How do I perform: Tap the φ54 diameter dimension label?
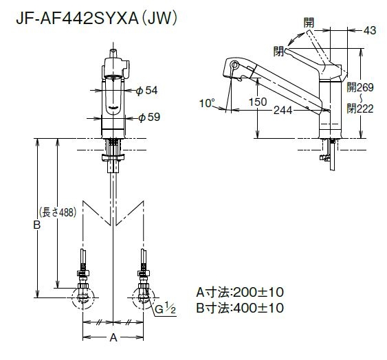click(146, 90)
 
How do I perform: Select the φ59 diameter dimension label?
click(149, 117)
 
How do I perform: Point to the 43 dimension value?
click(370, 30)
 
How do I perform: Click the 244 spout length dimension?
click(283, 111)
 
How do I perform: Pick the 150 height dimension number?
click(257, 102)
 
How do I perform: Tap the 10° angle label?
click(207, 103)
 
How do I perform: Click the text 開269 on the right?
click(360, 87)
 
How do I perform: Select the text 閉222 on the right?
click(360, 109)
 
